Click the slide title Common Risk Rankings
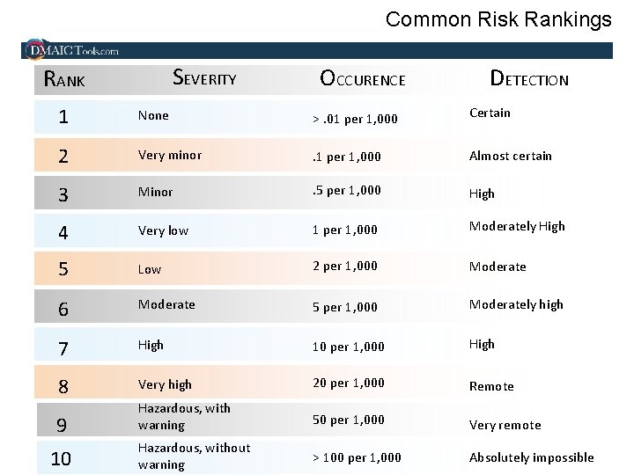pyautogui.click(x=498, y=19)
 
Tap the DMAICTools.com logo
pyautogui.click(x=73, y=50)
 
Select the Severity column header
pyautogui.click(x=204, y=78)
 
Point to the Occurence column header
pyautogui.click(x=363, y=79)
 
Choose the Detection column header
pyautogui.click(x=529, y=79)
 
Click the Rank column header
pyautogui.click(x=65, y=80)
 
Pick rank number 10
pyautogui.click(x=62, y=459)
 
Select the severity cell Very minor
pyautogui.click(x=170, y=155)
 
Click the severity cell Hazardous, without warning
pyautogui.click(x=194, y=456)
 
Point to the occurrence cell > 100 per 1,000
pyautogui.click(x=357, y=457)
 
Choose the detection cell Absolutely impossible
pyautogui.click(x=531, y=457)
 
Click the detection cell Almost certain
pyautogui.click(x=511, y=156)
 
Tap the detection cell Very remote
pyautogui.click(x=505, y=425)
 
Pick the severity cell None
pyautogui.click(x=153, y=115)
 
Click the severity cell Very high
pyautogui.click(x=165, y=384)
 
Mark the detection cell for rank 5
pyautogui.click(x=498, y=267)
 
